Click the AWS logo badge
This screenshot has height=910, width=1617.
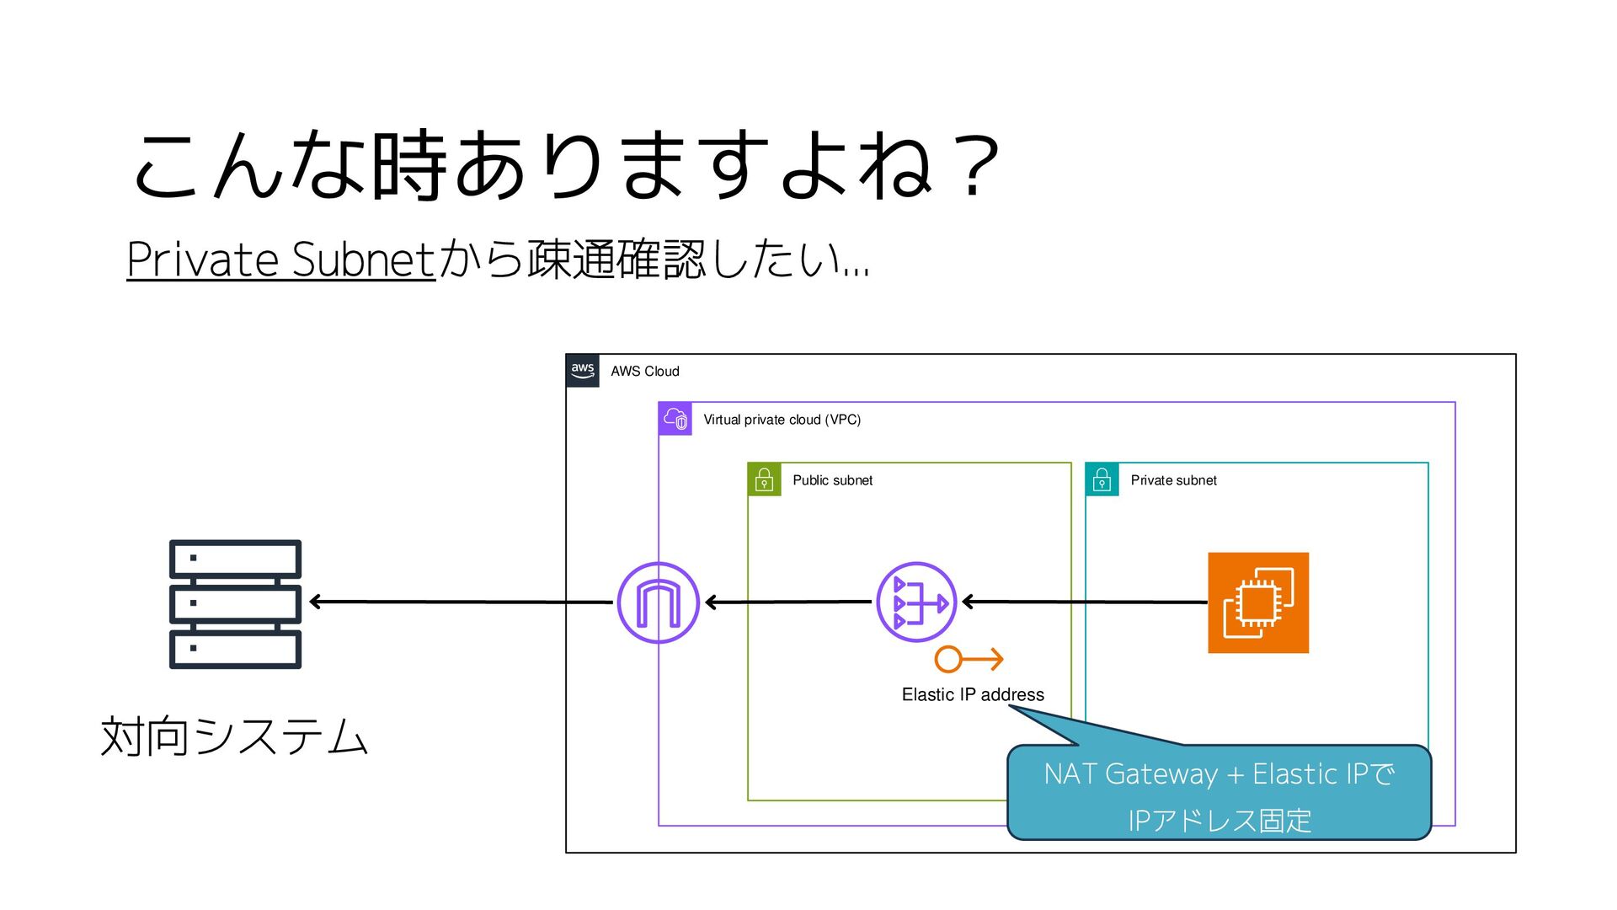(x=583, y=371)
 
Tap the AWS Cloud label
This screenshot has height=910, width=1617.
(x=644, y=372)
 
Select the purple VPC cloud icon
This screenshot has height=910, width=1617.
(x=675, y=419)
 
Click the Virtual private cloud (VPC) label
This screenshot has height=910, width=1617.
(x=782, y=420)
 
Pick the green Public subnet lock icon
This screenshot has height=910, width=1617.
(x=765, y=479)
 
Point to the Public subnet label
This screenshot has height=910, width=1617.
(x=832, y=480)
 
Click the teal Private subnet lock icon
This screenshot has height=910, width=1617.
(x=1102, y=479)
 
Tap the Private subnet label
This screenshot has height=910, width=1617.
(x=1173, y=480)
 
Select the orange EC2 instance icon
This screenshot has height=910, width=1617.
(x=1258, y=602)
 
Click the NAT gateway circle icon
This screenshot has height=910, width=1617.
(x=916, y=602)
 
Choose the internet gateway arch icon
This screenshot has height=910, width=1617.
(x=658, y=602)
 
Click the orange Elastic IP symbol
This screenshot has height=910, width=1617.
(x=969, y=659)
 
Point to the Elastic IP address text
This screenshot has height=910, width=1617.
(x=973, y=694)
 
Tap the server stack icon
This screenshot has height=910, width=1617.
(x=235, y=604)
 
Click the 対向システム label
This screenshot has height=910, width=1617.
(x=234, y=736)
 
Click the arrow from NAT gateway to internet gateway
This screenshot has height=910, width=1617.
(x=788, y=602)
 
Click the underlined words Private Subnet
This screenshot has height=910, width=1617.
(x=280, y=259)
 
